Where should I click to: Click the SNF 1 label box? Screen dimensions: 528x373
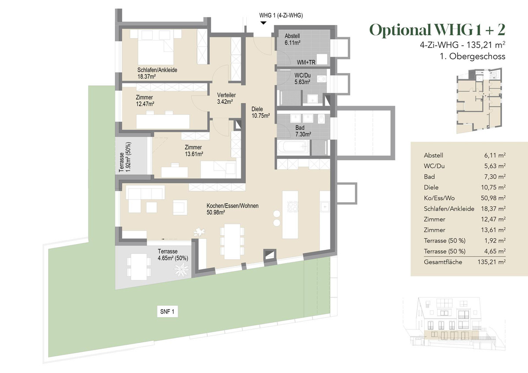pyautogui.click(x=167, y=311)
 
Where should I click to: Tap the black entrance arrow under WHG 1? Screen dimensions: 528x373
pyautogui.click(x=263, y=23)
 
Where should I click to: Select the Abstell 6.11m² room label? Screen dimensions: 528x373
pyautogui.click(x=292, y=39)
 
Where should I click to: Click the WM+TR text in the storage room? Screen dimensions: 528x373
pyautogui.click(x=306, y=62)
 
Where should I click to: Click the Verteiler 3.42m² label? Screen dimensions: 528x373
pyautogui.click(x=226, y=98)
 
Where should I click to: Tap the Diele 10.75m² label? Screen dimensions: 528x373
pyautogui.click(x=260, y=113)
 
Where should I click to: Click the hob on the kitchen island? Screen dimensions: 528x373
pyautogui.click(x=293, y=207)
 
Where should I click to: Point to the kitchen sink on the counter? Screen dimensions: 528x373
pyautogui.click(x=325, y=207)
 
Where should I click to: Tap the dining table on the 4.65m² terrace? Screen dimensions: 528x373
pyautogui.click(x=139, y=267)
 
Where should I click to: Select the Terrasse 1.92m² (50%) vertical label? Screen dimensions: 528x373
pyautogui.click(x=125, y=157)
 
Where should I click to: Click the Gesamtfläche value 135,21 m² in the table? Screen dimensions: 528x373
pyautogui.click(x=491, y=262)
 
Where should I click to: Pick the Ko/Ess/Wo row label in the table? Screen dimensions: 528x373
pyautogui.click(x=439, y=198)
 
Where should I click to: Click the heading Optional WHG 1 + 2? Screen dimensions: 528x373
pyautogui.click(x=437, y=30)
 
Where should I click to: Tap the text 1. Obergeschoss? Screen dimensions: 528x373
pyautogui.click(x=473, y=56)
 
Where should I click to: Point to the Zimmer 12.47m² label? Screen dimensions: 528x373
pyautogui.click(x=145, y=101)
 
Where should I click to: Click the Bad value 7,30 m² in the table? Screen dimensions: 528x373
pyautogui.click(x=495, y=177)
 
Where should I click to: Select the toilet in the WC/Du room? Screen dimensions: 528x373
pyautogui.click(x=321, y=79)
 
